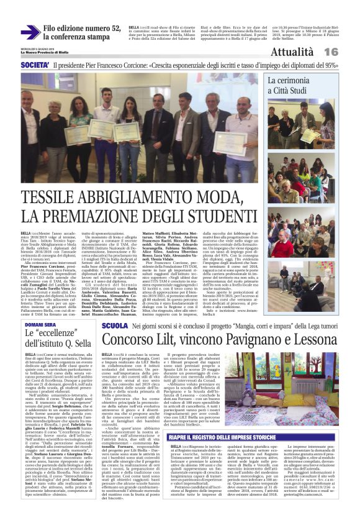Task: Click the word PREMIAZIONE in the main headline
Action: coord(109,216)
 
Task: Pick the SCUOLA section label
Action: coord(115,325)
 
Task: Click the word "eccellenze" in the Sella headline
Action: coord(60,334)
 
